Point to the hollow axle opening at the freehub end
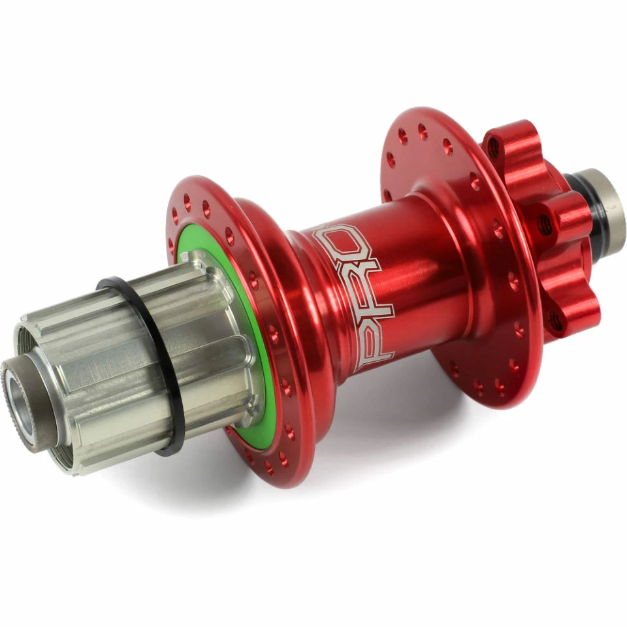tap(19, 394)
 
